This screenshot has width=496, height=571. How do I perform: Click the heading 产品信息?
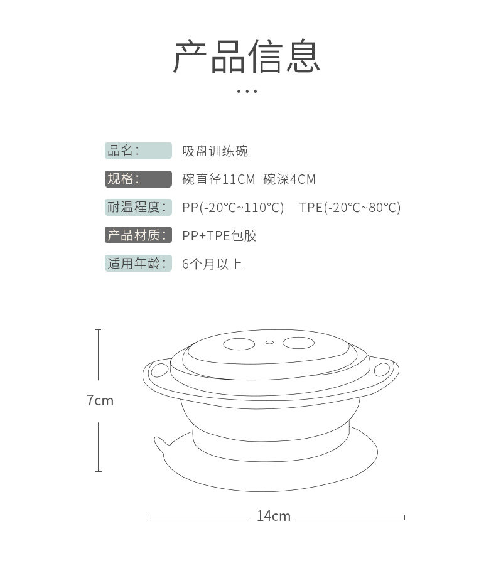(247, 56)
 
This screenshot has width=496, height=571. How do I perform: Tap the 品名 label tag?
(138, 151)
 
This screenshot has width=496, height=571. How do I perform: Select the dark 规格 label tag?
(138, 179)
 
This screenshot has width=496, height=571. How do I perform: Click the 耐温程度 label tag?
(138, 207)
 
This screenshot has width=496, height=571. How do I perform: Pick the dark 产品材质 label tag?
(138, 235)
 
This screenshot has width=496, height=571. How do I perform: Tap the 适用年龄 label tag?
(138, 264)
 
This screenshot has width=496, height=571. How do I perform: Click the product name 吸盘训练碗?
(215, 151)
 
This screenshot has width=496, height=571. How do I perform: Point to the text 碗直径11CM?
(218, 179)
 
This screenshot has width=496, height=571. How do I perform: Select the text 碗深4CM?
(289, 179)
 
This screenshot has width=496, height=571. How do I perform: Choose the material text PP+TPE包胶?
(219, 235)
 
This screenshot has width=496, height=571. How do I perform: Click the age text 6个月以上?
(212, 264)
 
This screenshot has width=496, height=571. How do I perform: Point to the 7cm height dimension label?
(100, 400)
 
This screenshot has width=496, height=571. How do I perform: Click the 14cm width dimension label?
(274, 516)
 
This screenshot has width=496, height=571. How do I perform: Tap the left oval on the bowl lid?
(239, 344)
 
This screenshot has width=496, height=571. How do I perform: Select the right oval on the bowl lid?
(298, 343)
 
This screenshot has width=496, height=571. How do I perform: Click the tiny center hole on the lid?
(270, 343)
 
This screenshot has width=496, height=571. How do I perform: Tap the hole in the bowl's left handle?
(159, 370)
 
